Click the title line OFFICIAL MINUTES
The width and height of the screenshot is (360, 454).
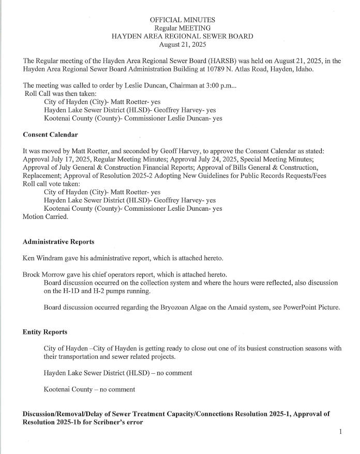pos(183,20)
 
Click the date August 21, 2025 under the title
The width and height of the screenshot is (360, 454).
pos(183,45)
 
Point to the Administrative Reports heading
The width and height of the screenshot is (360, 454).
pos(58,242)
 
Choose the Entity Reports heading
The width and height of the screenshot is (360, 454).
pos(45,331)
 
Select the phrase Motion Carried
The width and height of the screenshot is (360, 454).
pos(46,217)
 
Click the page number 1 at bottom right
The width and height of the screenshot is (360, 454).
pos(340,431)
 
